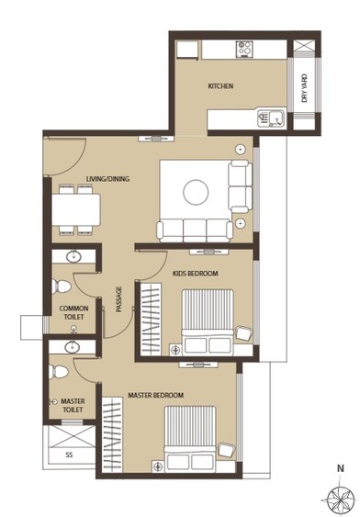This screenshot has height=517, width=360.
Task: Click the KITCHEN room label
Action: pos(220,87)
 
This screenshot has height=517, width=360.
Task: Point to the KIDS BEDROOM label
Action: pos(196,274)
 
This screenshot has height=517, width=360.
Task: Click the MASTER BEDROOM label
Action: pos(156,395)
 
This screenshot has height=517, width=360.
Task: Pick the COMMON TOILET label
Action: pos(73,312)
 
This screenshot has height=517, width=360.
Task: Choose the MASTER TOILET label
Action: pos(72,405)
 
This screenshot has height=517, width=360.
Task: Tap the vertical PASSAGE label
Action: pos(118,300)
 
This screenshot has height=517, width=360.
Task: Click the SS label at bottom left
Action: pos(69,455)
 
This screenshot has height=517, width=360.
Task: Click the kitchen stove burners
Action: pos(245,46)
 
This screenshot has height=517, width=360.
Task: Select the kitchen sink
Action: pos(273,118)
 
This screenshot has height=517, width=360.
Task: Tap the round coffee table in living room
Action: pos(196,191)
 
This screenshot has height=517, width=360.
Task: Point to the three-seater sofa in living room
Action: pos(195,230)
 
